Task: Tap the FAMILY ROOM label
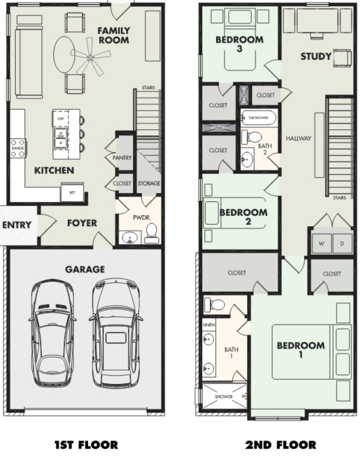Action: click(x=114, y=36)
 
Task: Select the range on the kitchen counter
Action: click(x=18, y=148)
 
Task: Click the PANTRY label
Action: click(x=123, y=158)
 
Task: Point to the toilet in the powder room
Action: click(x=152, y=231)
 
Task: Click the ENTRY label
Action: click(x=16, y=225)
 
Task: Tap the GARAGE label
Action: click(x=84, y=269)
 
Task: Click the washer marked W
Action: click(x=321, y=244)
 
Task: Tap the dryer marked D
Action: click(x=341, y=244)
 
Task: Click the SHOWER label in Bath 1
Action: click(x=224, y=397)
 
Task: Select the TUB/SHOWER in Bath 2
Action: click(x=259, y=117)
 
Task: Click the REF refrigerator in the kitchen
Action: click(x=72, y=193)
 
